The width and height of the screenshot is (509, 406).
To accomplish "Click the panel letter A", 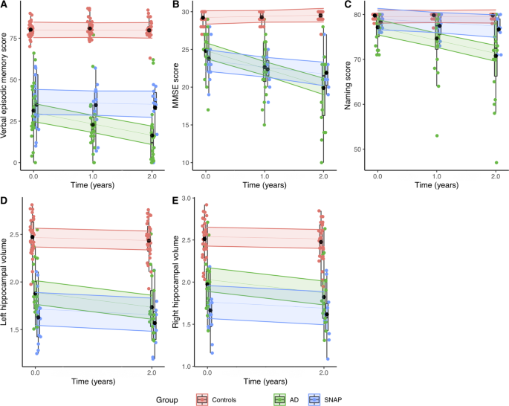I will point(5,5).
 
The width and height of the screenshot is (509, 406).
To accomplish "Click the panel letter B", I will point(176,5).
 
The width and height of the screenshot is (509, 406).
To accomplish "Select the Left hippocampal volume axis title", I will point(7,286).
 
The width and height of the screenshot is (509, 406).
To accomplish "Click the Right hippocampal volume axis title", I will point(178,286).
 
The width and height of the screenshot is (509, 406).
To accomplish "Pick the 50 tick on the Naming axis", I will point(360,149).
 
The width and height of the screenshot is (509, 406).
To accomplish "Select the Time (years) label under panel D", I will point(92,381).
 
